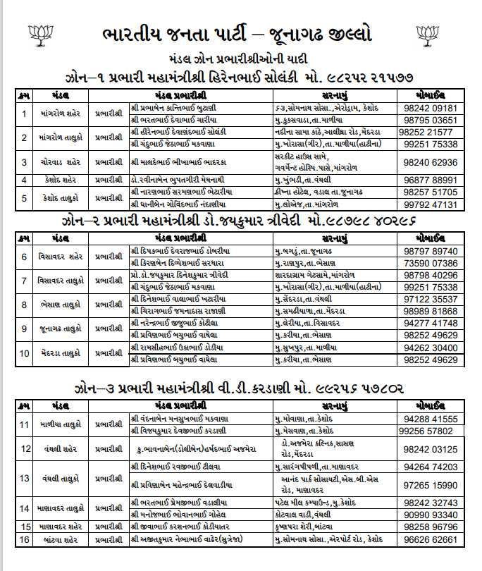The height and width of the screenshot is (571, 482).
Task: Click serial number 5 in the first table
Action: coord(25,197)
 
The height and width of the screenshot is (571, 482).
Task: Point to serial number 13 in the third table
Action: coord(25,478)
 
